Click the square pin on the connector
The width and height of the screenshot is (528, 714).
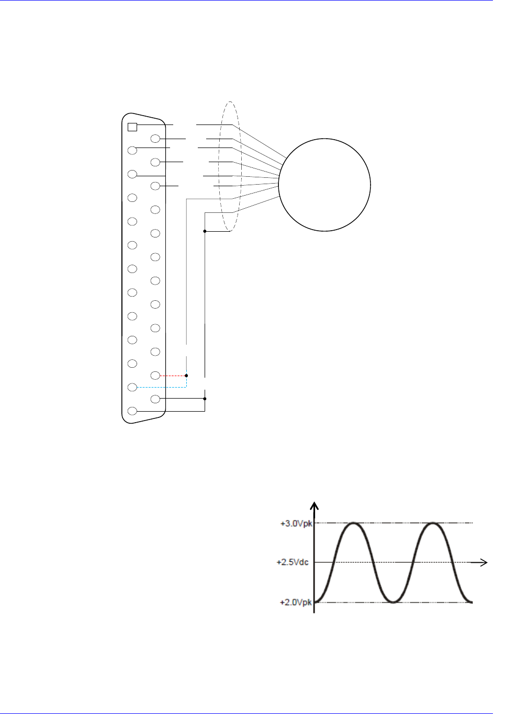[x=132, y=127]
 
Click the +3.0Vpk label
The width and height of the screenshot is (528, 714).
[x=296, y=524]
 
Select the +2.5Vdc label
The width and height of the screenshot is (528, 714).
[x=293, y=562]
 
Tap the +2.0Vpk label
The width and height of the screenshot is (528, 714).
[x=296, y=602]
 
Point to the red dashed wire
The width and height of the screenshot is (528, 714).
[x=173, y=376]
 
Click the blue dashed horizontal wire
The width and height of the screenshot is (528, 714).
[x=162, y=387]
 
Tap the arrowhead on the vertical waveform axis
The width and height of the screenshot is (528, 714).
[x=314, y=506]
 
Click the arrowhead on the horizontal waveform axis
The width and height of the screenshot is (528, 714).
[x=483, y=562]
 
